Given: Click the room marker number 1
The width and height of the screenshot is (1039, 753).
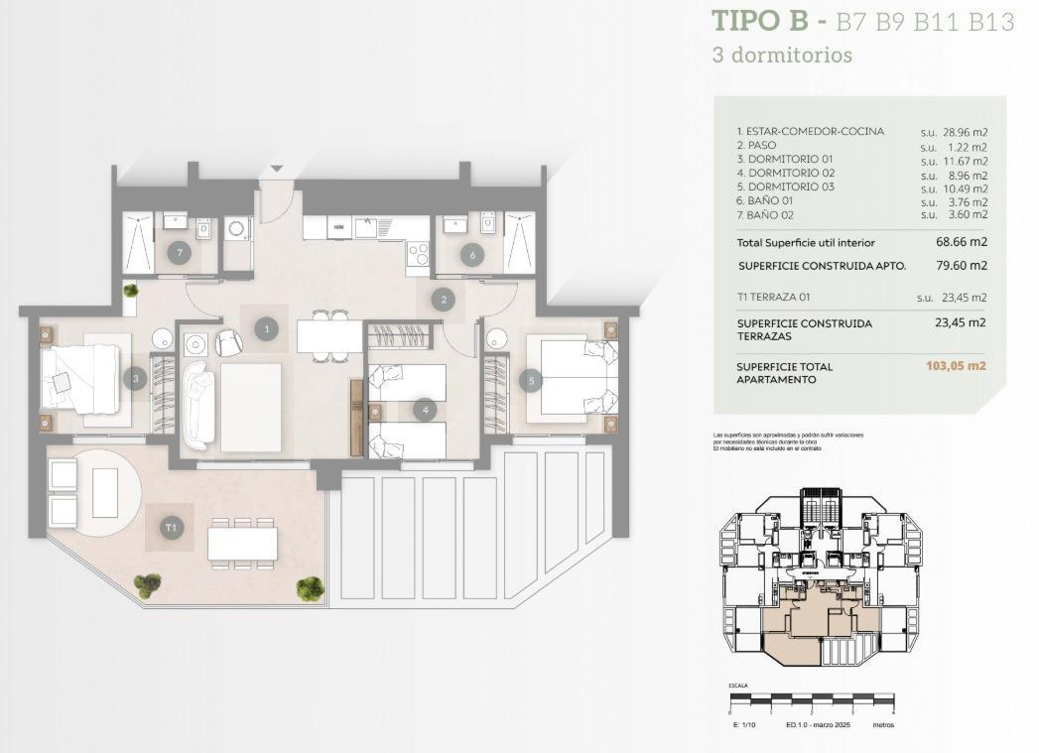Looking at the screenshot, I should (265, 328).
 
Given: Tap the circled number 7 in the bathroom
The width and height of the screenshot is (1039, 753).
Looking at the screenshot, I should (179, 252).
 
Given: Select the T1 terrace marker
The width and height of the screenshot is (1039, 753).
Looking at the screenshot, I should (171, 528).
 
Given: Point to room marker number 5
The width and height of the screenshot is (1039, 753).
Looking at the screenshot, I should (531, 379).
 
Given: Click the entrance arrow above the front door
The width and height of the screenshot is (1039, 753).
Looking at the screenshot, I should (277, 169).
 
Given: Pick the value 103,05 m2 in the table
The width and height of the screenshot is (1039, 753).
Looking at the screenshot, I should (956, 366).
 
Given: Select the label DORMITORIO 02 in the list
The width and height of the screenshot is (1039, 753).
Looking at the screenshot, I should (785, 173).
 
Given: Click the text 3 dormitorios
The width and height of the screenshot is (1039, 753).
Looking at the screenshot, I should (782, 56).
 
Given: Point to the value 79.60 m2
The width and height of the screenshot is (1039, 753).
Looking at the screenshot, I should (964, 266).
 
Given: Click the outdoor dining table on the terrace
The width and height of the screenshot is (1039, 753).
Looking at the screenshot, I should (242, 543).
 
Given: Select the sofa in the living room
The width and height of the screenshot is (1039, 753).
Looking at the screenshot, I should (198, 404).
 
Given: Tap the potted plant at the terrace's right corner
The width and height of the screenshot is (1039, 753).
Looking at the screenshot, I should (310, 588).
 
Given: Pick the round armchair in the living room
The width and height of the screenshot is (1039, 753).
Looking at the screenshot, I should (228, 342).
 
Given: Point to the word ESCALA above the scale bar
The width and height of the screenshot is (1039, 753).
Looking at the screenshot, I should (738, 685).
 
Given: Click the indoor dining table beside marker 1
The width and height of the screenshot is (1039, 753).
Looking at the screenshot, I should (329, 336).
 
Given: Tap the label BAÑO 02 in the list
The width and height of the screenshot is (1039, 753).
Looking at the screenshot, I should (765, 214).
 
